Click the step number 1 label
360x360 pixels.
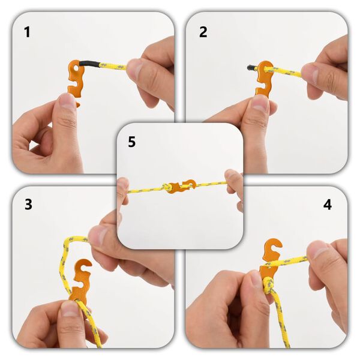[x=27, y=32]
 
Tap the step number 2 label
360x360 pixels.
[x=203, y=32]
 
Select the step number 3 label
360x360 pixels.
[x=28, y=204]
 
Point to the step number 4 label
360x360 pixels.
[x=328, y=205]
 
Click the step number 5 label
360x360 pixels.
[x=132, y=142]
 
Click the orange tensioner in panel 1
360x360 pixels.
[x=76, y=79]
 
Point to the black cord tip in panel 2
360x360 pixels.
[x=250, y=67]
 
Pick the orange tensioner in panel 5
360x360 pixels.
[x=181, y=187]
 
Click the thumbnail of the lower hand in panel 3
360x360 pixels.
[x=71, y=308]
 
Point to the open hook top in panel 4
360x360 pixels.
[x=273, y=246]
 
